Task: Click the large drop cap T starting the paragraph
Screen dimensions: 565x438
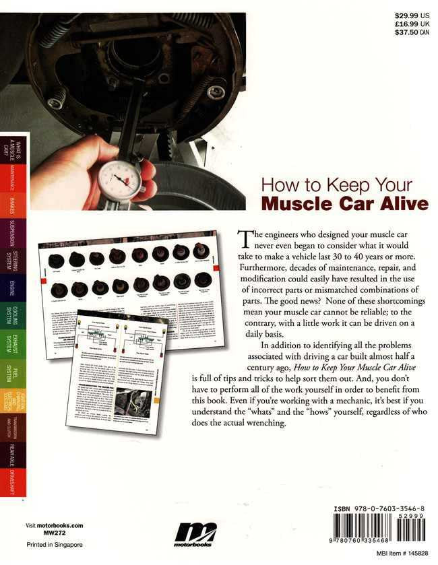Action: (244, 239)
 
